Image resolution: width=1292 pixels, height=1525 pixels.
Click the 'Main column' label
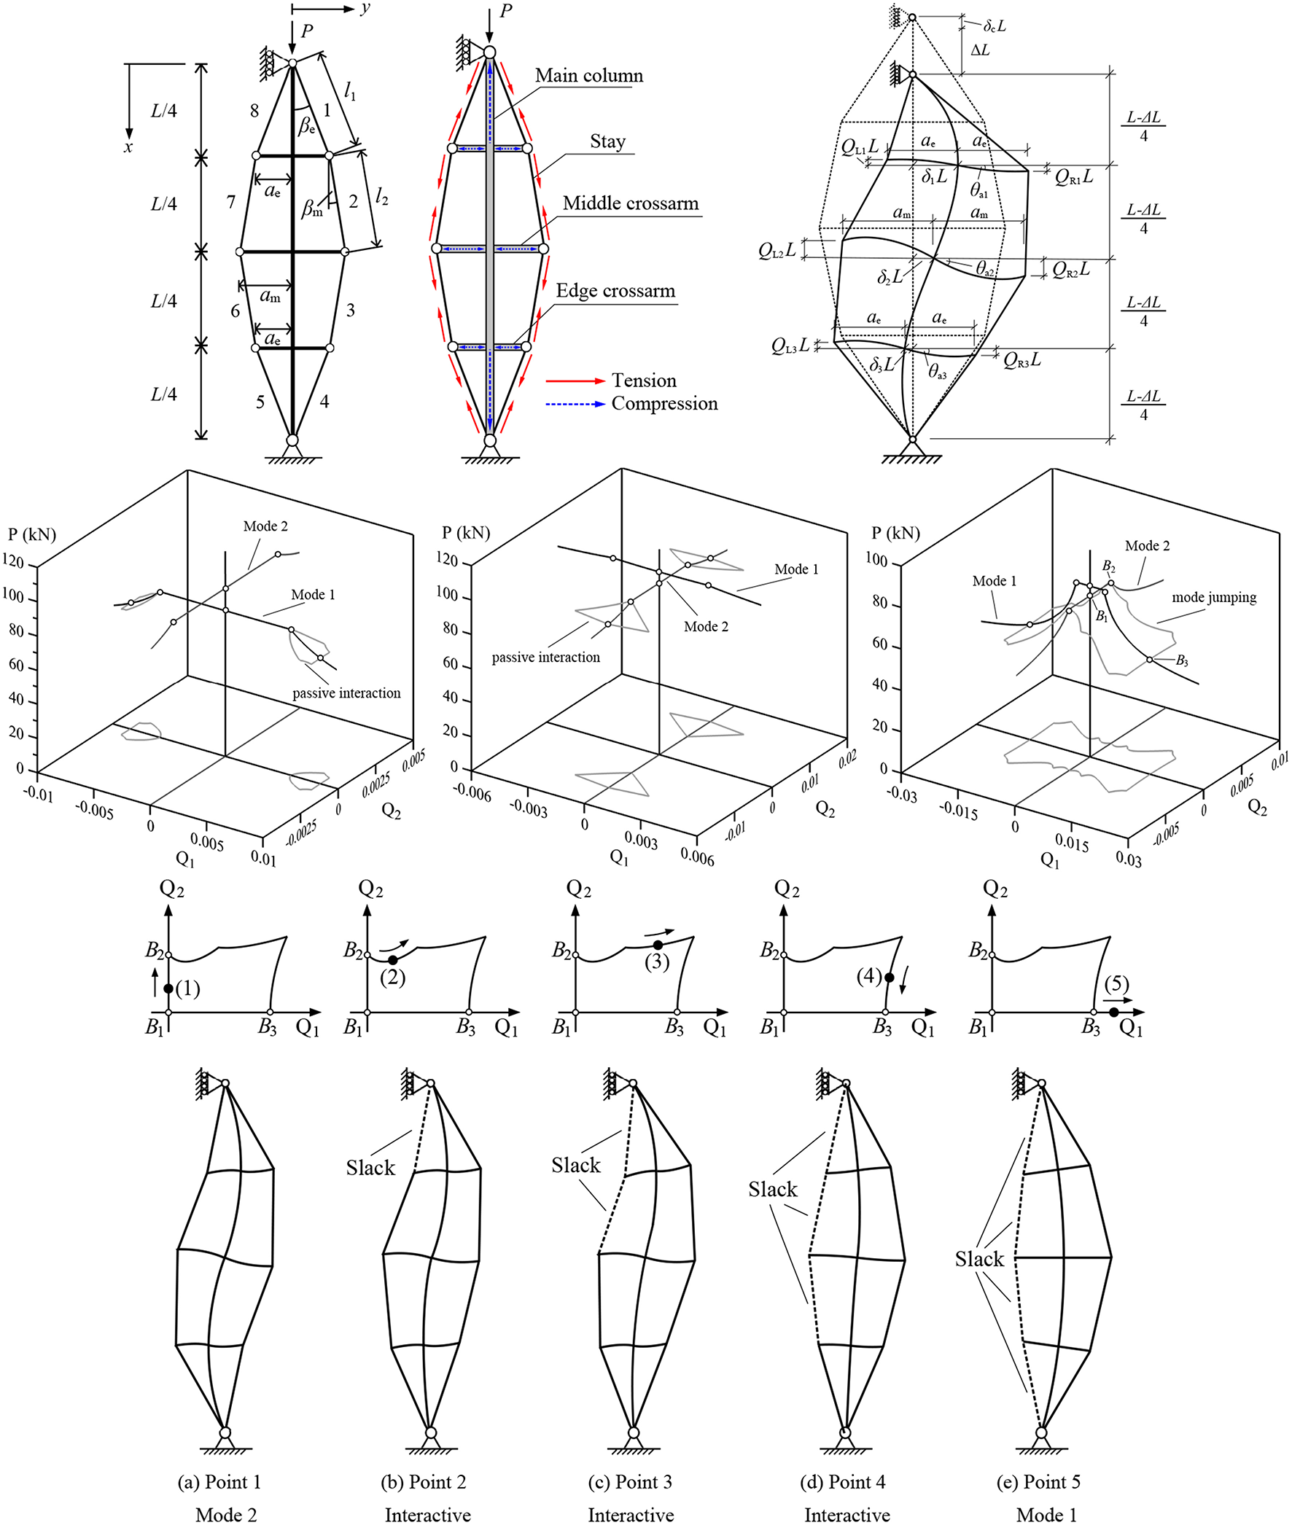click(x=588, y=75)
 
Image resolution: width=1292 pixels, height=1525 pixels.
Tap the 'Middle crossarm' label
click(x=631, y=203)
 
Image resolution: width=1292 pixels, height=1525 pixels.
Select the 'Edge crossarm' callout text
click(x=615, y=291)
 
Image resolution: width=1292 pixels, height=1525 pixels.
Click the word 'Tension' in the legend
click(x=644, y=381)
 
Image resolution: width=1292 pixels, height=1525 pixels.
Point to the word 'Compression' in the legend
click(x=664, y=403)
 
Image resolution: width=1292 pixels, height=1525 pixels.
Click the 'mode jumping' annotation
click(x=1214, y=598)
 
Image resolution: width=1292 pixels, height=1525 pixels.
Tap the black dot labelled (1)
click(x=168, y=988)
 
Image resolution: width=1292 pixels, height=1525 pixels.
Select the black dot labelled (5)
click(x=1113, y=1013)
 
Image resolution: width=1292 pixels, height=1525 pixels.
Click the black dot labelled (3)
click(x=658, y=945)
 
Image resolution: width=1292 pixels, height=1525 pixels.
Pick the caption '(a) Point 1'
click(x=219, y=1482)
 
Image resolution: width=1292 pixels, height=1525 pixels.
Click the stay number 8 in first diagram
click(x=254, y=112)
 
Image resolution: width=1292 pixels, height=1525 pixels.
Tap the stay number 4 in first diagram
click(x=324, y=401)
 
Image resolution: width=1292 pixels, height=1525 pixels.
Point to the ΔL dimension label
click(x=979, y=50)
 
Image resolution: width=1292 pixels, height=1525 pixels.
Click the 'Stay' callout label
click(x=607, y=141)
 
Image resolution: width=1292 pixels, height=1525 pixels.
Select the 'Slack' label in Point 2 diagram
click(x=370, y=1168)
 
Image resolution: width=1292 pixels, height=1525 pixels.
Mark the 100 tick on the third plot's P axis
click(x=876, y=561)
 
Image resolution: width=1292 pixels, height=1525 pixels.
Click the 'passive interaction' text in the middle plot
click(x=545, y=658)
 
